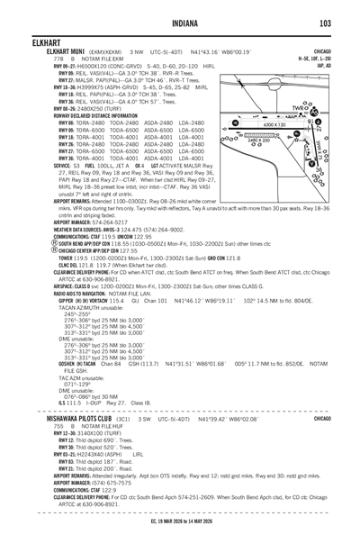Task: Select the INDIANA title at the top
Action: coord(180,23)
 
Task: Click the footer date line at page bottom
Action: coord(180,524)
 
